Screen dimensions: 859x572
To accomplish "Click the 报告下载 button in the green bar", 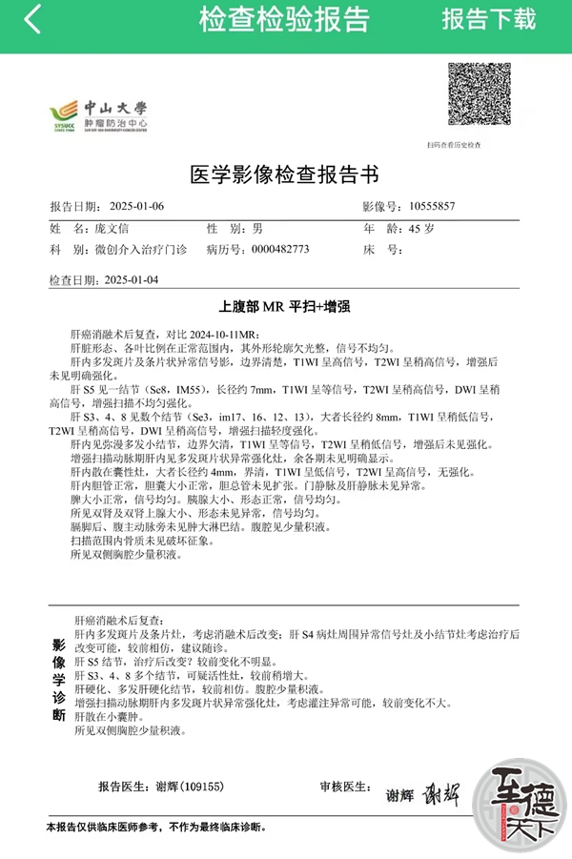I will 488,19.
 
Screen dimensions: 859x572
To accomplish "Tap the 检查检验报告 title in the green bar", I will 284,19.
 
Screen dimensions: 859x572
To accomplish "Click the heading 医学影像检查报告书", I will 285,174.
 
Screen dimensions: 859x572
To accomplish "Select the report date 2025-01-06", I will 137,206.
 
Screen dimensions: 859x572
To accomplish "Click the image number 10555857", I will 432,206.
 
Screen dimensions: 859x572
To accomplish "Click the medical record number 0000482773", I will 280,249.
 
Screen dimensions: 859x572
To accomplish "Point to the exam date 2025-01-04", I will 132,280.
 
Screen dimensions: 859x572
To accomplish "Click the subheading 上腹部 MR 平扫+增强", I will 285,307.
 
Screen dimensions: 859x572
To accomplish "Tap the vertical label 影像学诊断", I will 58,679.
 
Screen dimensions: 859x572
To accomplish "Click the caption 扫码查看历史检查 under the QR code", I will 454,145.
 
